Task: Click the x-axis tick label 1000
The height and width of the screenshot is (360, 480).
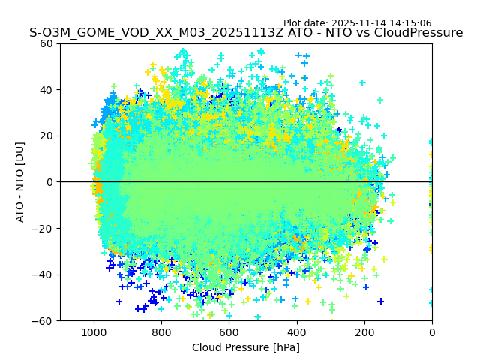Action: [94, 331]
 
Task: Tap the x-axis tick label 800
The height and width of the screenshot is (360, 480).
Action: [161, 331]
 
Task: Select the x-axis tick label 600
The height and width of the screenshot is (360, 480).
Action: [229, 331]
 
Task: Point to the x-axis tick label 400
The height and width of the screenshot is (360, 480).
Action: [297, 331]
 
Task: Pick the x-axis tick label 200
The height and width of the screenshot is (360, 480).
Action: [364, 331]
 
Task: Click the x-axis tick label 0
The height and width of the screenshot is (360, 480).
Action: [432, 331]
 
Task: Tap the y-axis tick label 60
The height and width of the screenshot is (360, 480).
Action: [47, 43]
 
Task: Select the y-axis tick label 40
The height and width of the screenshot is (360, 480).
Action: [47, 90]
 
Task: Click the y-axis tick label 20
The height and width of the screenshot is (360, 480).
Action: [47, 136]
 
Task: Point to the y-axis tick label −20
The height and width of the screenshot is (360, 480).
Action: [44, 228]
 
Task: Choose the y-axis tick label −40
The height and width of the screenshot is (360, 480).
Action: [44, 274]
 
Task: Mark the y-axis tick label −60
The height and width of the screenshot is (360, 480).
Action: [44, 320]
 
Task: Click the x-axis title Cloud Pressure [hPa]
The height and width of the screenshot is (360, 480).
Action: [246, 347]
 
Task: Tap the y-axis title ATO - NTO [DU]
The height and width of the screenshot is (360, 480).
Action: [20, 182]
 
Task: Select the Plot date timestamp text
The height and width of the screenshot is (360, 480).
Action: [357, 23]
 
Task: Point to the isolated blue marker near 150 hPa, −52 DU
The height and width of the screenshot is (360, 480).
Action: [380, 301]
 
